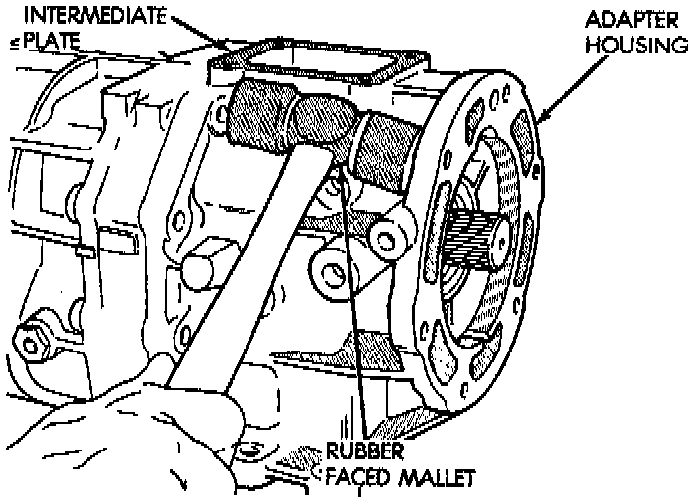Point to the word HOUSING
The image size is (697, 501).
630,45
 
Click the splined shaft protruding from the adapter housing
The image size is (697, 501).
482,244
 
